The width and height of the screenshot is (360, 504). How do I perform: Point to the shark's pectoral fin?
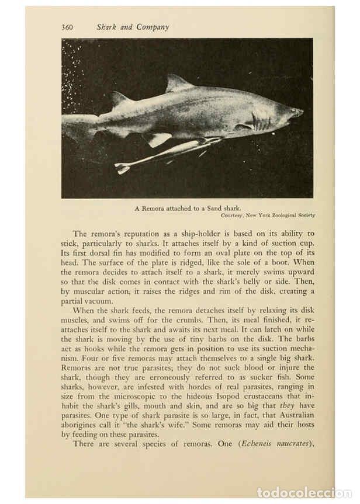click(x=157, y=139)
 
